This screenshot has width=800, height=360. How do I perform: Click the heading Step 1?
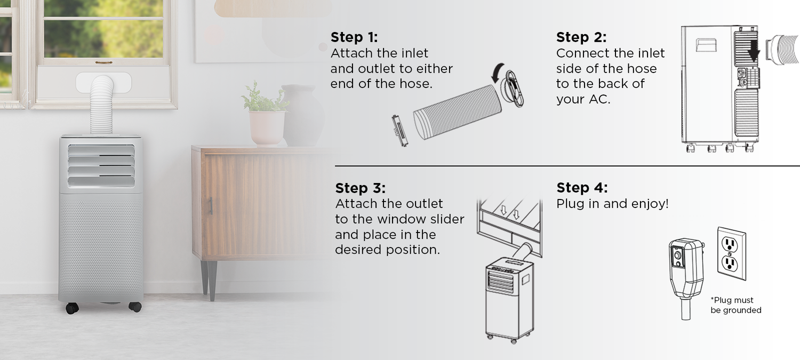click(x=354, y=37)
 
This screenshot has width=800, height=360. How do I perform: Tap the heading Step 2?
click(x=581, y=37)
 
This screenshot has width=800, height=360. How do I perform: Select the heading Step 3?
click(x=361, y=188)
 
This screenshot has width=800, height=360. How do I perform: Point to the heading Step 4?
click(x=582, y=188)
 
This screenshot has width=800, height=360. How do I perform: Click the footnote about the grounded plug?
click(x=735, y=305)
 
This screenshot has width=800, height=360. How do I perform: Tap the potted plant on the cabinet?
click(x=266, y=114)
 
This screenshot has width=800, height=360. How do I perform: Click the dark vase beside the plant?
click(x=303, y=115)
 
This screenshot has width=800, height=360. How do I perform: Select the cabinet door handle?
click(x=211, y=206)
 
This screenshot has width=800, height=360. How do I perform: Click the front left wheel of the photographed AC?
click(x=72, y=308)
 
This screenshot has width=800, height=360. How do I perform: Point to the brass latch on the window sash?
click(x=103, y=62)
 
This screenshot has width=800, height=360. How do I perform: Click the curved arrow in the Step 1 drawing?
click(x=497, y=73)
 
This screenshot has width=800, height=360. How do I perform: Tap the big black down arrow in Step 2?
click(x=754, y=49)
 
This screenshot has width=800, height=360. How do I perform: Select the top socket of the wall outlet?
click(x=730, y=245)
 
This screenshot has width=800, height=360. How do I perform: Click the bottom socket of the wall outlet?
click(x=730, y=263)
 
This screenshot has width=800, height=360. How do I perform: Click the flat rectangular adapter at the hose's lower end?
click(x=399, y=130)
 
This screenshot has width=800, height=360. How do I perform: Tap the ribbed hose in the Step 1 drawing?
click(x=457, y=112)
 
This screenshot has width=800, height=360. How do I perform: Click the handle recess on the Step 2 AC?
click(x=706, y=45)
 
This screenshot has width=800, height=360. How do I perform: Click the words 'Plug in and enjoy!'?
click(x=612, y=204)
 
